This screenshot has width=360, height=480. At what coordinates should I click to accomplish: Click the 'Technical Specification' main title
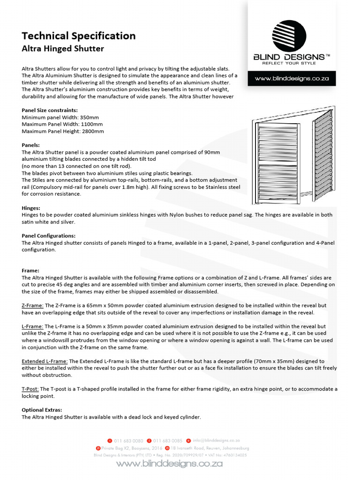(x=79, y=36)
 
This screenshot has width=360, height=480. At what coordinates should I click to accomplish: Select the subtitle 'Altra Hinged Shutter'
(x=63, y=49)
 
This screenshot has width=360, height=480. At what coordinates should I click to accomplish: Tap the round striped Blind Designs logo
(x=289, y=36)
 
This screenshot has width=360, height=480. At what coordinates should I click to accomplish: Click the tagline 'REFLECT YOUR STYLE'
(x=289, y=62)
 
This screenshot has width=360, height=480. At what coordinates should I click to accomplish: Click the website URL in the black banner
(x=292, y=79)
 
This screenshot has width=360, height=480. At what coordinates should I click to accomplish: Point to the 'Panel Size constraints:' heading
(x=50, y=110)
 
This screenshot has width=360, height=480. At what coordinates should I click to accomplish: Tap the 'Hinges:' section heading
(x=31, y=207)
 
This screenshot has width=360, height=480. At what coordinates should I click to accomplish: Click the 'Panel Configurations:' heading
(x=49, y=235)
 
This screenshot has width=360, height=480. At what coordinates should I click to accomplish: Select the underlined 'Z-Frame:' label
(x=33, y=305)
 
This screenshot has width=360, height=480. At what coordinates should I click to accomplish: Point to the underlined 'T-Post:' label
(x=30, y=389)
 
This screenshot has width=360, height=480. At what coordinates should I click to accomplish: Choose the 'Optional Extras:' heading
(x=42, y=410)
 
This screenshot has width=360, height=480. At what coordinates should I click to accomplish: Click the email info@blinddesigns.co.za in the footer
(x=216, y=441)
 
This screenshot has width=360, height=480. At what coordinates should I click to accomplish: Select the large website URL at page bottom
(x=169, y=464)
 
